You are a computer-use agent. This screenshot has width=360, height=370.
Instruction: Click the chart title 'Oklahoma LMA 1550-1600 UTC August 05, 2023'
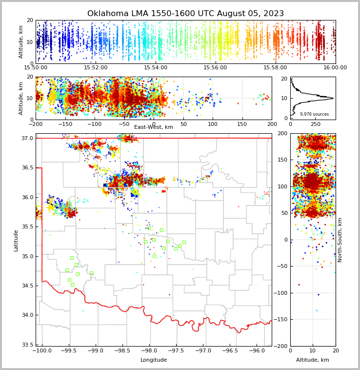click(185, 14)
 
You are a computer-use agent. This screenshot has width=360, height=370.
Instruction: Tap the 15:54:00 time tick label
click(156, 68)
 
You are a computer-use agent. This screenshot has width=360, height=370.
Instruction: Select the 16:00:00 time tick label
click(335, 68)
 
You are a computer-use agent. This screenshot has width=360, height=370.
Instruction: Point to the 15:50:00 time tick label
click(36, 68)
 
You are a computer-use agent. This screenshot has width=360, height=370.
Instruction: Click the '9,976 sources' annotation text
click(314, 114)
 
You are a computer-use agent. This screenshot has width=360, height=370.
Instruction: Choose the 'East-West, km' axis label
click(154, 127)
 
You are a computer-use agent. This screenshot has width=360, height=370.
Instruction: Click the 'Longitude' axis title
click(154, 360)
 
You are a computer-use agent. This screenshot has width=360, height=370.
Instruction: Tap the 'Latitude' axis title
click(16, 240)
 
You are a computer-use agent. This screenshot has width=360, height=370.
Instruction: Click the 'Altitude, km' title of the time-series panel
click(21, 42)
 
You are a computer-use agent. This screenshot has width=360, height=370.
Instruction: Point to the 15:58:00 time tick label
click(275, 68)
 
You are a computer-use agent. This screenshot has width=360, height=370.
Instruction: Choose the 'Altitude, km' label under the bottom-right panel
click(313, 360)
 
